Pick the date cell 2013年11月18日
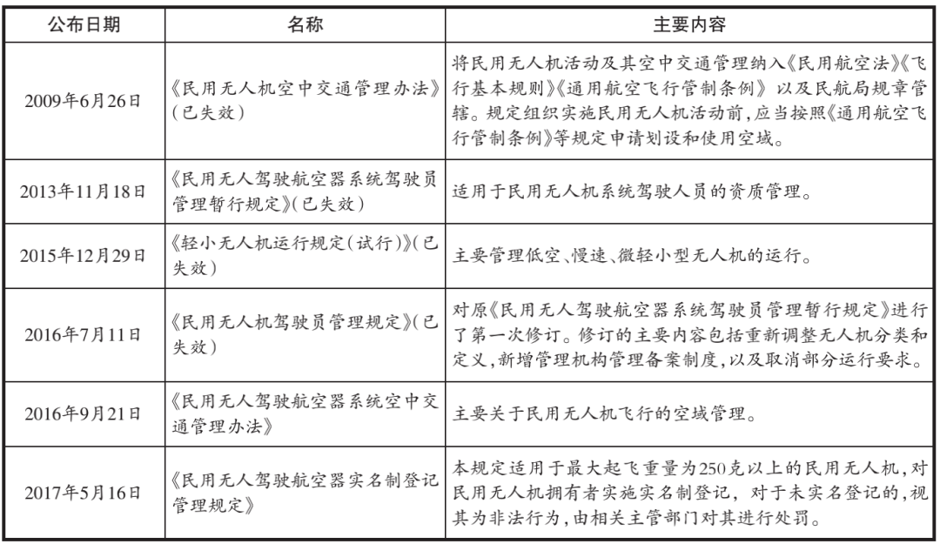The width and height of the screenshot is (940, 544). pos(84,191)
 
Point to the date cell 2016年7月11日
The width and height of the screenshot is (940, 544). pos(84,335)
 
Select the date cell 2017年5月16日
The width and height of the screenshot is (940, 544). pos(84,492)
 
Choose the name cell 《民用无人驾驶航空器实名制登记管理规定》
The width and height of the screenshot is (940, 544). pos(305,492)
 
